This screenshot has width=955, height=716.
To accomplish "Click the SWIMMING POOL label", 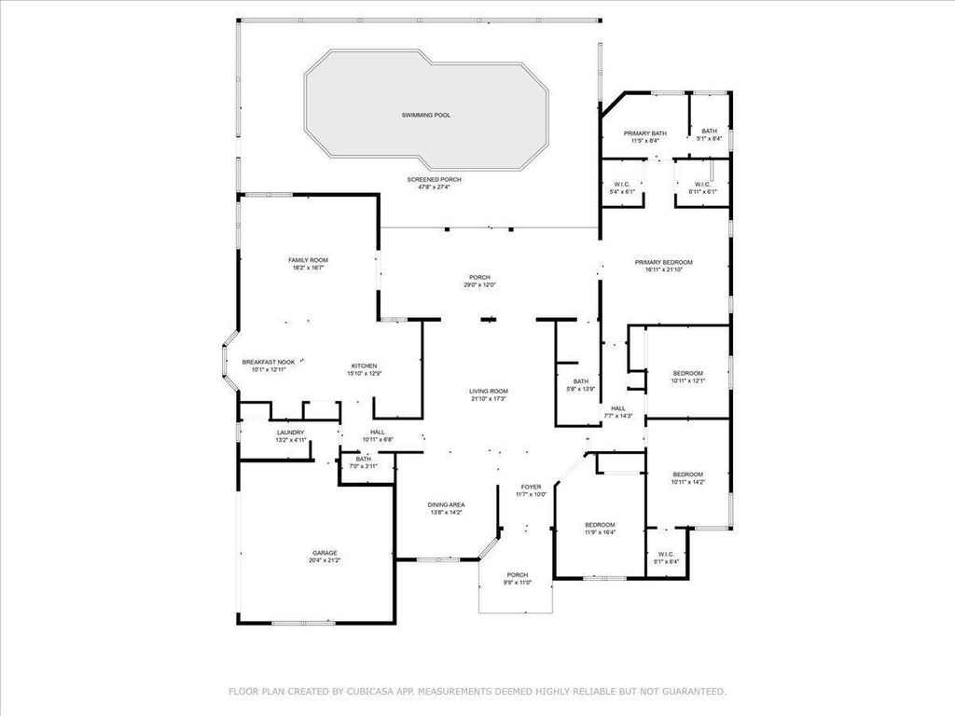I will pos(426,115).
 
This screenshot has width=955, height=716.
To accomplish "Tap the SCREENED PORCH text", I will pos(434,179).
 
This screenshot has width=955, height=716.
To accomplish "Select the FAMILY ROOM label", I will pos(308,260).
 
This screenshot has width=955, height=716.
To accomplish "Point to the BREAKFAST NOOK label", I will pos(269,362).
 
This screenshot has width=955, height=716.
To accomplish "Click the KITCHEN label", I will pos(364,365).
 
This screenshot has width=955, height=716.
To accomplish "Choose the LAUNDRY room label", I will pos(291,433).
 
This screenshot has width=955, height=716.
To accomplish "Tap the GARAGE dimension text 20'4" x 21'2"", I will pos(325,560).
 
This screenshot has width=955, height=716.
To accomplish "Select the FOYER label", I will pos(531,487).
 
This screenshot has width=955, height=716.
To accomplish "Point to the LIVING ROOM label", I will pos(489,391).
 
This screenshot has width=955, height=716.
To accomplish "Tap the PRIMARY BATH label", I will pos(645,133).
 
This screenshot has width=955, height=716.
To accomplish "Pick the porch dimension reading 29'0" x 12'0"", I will pos(480,285).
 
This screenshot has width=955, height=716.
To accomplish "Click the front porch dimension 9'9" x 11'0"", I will pos(518,583).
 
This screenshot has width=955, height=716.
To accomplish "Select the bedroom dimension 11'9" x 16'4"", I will pos(600,532).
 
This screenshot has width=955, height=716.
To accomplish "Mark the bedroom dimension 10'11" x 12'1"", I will pos(688,380).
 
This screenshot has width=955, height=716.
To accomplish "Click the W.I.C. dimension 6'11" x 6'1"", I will pos(701,192).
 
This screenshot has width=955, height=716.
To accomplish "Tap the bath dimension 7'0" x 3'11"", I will pos(363,466).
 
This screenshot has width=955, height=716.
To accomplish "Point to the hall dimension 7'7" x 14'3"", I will pos(618,416).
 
